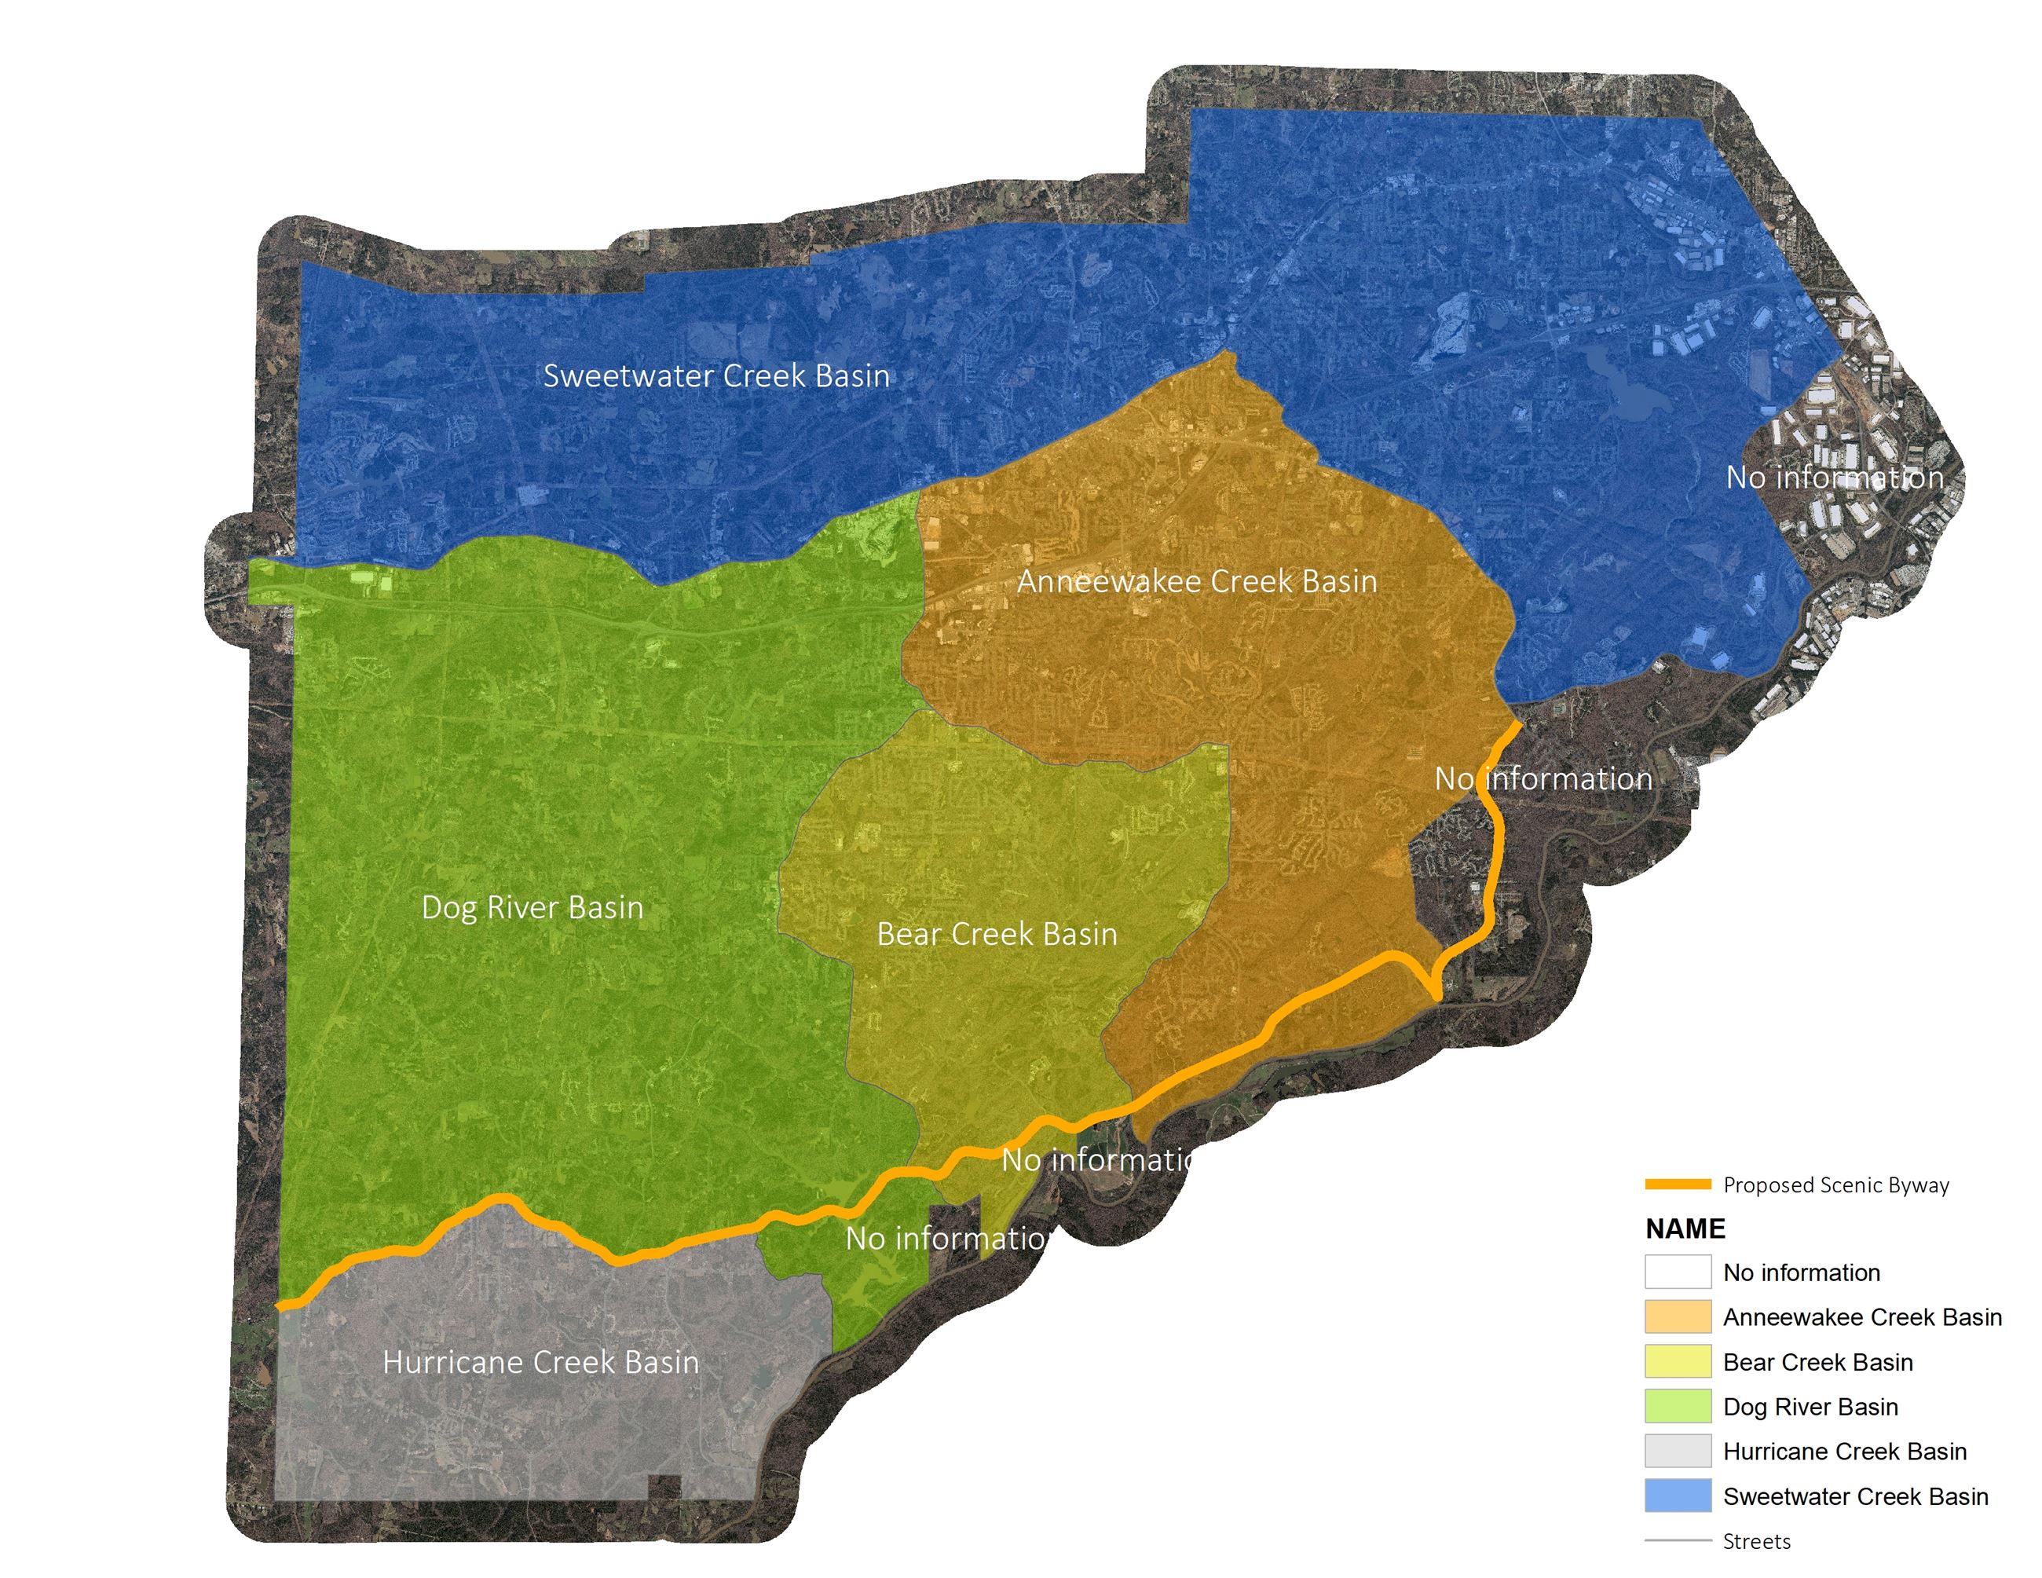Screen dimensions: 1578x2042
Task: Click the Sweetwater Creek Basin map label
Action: tap(716, 375)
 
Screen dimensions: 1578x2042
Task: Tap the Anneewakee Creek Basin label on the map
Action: tap(1197, 581)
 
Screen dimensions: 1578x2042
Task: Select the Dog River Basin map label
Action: tap(532, 908)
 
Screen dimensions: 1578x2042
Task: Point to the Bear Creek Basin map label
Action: tap(997, 934)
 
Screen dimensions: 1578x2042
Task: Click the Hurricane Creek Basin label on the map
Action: tap(540, 1362)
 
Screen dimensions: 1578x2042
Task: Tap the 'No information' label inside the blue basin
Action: tap(1835, 478)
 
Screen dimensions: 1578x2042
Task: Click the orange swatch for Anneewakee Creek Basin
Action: tap(1678, 1316)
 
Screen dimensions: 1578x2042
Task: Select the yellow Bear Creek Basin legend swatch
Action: tap(1678, 1361)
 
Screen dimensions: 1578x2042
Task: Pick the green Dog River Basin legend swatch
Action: tap(1678, 1406)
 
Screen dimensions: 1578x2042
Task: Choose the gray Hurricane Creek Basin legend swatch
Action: tap(1678, 1451)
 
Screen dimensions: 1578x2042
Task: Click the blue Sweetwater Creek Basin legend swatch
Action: tap(1678, 1496)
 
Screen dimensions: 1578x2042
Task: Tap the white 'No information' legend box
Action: tap(1678, 1272)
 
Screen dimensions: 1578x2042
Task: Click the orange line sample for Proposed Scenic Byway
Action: tap(1678, 1184)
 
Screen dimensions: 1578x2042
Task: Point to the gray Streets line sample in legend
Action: tap(1678, 1540)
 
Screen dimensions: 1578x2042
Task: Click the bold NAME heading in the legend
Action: tap(1685, 1228)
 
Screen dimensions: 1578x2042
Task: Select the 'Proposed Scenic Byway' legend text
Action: tap(1835, 1185)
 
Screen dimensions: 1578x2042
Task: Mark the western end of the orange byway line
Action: tap(280, 1306)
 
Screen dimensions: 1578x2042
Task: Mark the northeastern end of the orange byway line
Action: tap(1517, 724)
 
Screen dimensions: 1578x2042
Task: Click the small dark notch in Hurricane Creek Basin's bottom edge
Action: tap(664, 1486)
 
